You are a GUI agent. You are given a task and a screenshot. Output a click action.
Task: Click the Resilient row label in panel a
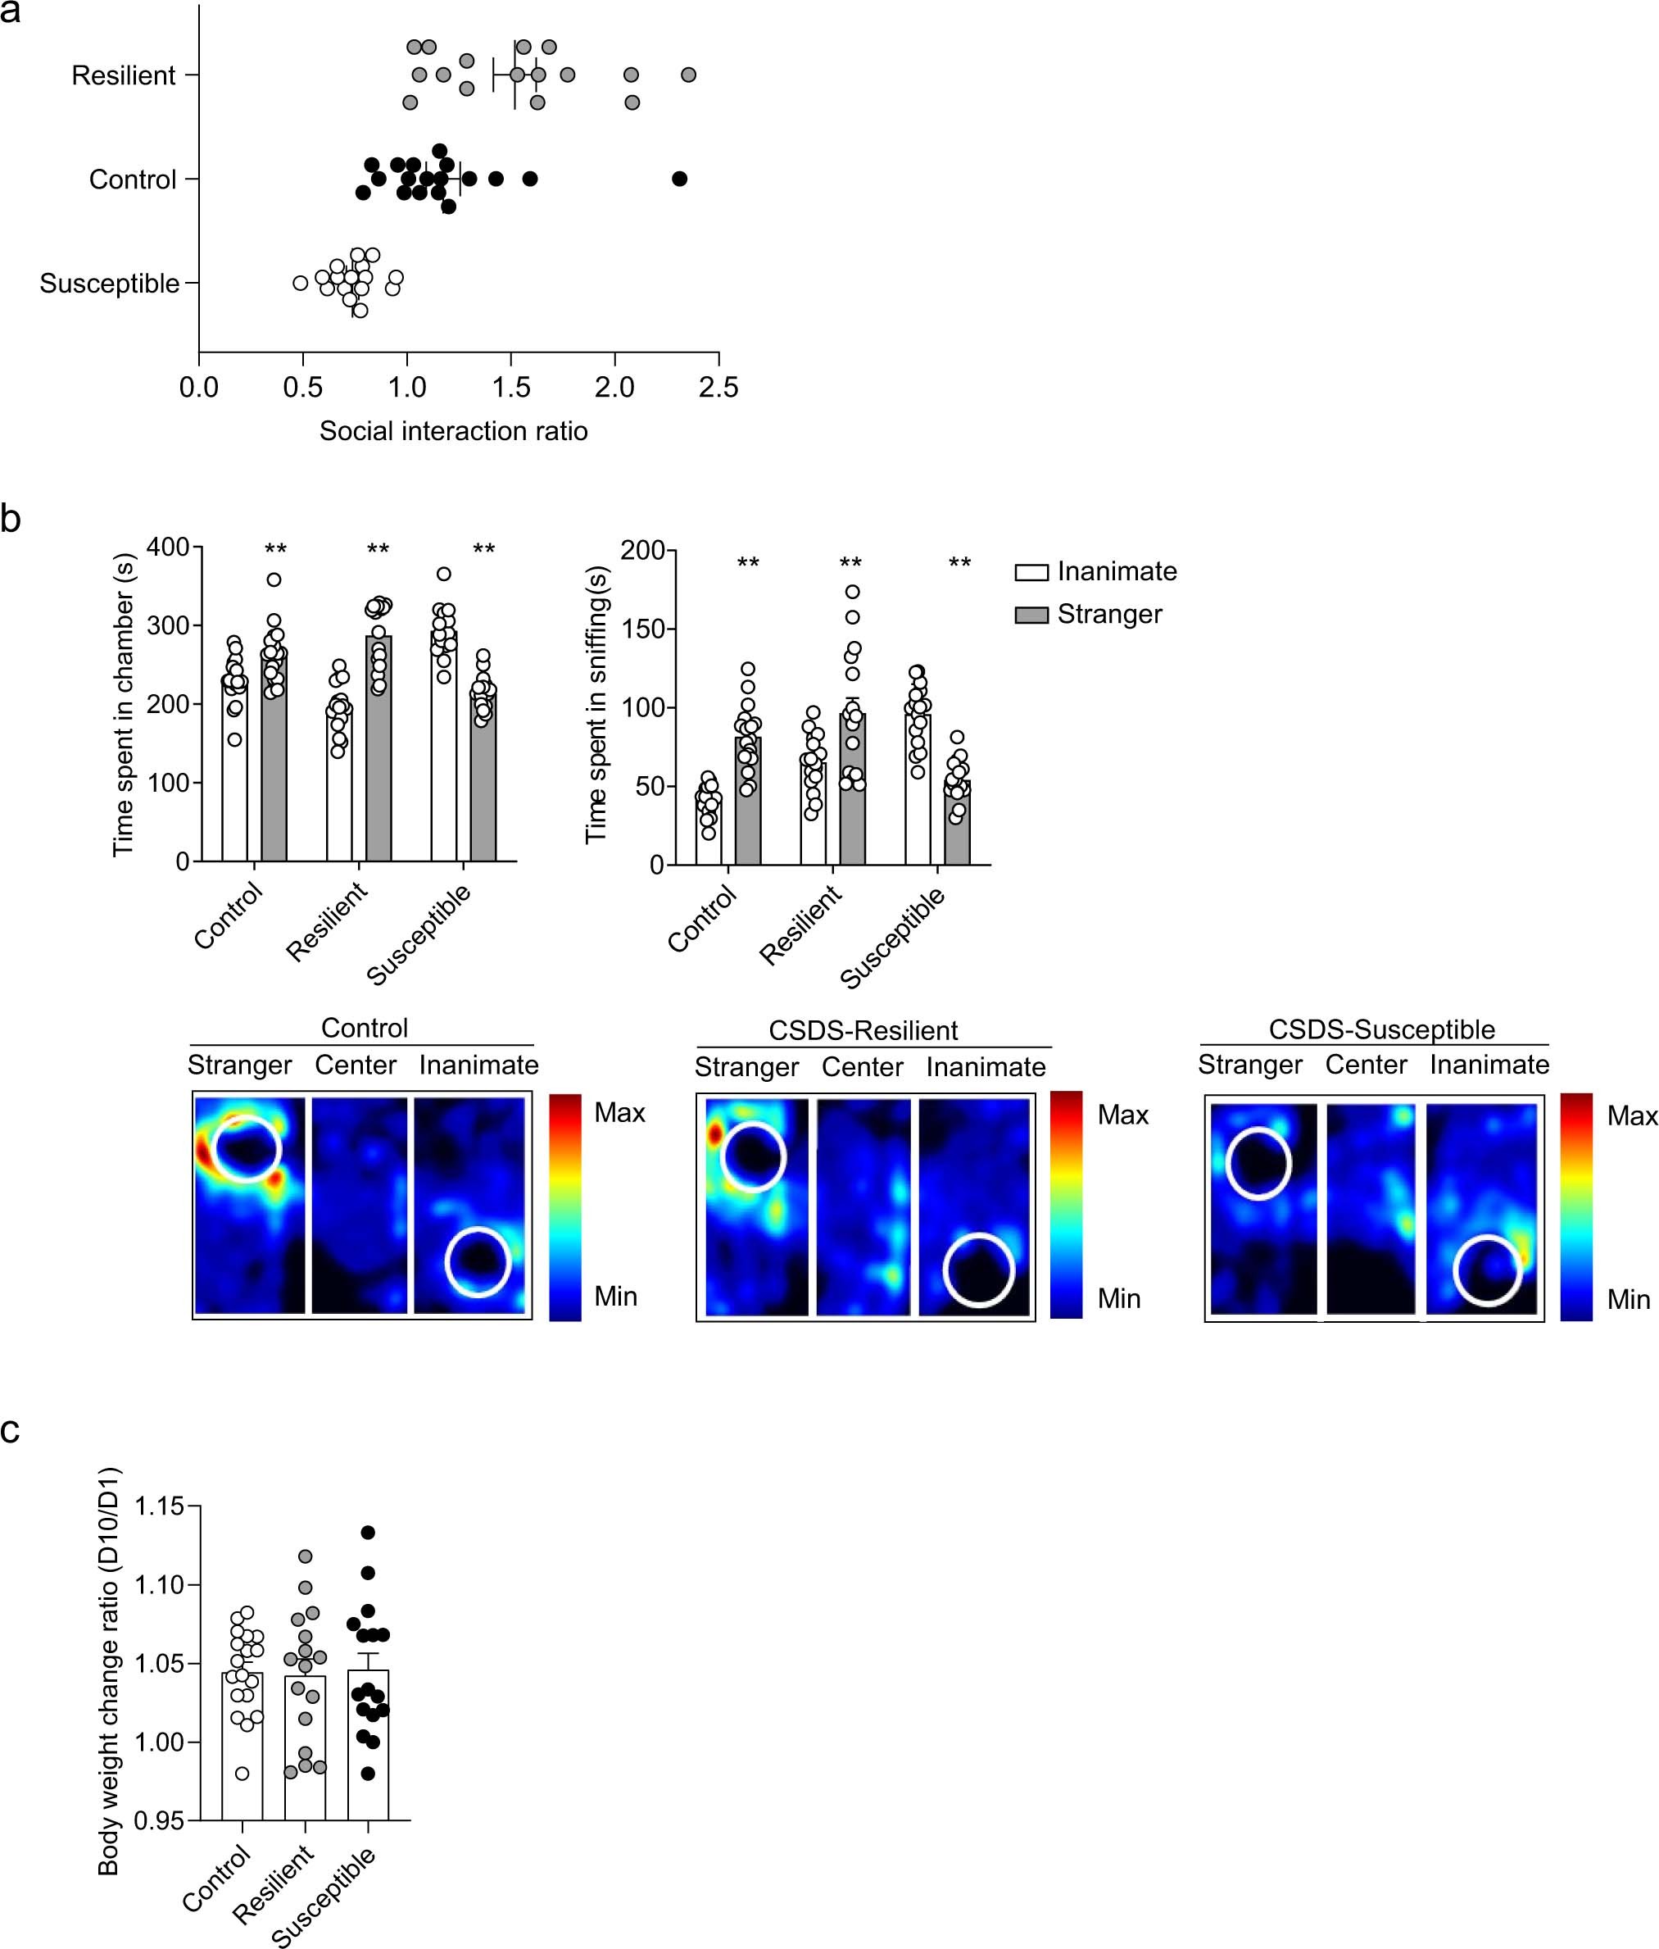click(123, 75)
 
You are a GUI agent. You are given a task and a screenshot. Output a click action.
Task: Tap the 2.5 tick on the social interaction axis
click(718, 388)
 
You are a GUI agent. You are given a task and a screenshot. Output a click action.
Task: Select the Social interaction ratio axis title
click(453, 431)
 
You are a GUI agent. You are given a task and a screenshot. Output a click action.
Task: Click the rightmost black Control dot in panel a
click(680, 179)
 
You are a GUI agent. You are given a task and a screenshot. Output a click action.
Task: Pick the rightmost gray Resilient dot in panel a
click(688, 75)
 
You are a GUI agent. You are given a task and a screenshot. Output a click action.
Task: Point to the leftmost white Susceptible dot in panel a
click(300, 282)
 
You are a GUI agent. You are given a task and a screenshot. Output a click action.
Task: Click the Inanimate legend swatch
click(1031, 572)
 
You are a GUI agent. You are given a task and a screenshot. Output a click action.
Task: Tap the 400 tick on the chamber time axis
click(170, 547)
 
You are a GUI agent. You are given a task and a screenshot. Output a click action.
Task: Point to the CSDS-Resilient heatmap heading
click(863, 1030)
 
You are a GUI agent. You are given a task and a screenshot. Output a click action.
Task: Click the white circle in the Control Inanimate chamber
click(478, 1262)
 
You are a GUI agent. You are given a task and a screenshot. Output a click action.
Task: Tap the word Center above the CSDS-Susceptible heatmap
click(1366, 1065)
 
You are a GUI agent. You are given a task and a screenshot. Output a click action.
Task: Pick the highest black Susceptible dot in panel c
click(368, 1533)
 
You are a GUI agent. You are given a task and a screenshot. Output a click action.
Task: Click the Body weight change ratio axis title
click(109, 1670)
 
